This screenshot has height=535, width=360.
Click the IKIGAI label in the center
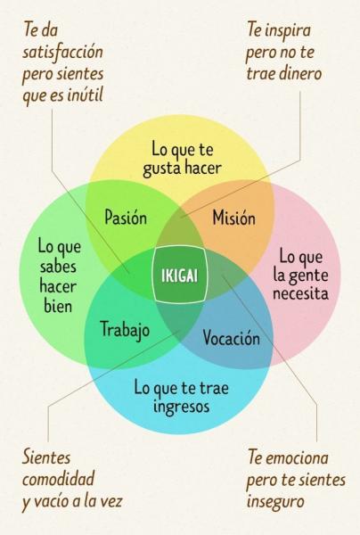179,276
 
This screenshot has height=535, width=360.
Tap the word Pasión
126,218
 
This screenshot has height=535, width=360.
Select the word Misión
233,218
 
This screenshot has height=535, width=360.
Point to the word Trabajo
125,330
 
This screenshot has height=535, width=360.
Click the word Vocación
232,337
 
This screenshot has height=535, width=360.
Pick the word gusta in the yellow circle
161,169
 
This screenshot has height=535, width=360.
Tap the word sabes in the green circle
58,267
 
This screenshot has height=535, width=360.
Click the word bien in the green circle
58,305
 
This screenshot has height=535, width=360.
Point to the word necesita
300,293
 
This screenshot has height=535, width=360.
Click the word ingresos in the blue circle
181,406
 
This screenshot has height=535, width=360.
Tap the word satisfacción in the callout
62,53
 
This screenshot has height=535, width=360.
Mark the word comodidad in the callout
58,478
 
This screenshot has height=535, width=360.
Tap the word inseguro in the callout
275,501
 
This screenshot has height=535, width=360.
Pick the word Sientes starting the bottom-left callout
46,457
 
